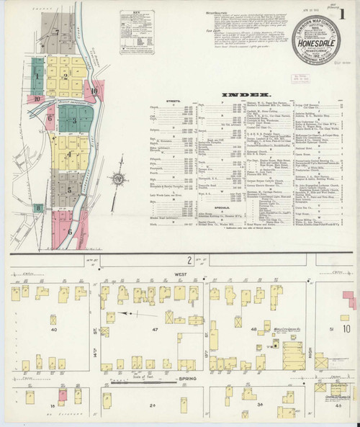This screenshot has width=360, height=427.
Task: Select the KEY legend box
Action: tap(130, 23)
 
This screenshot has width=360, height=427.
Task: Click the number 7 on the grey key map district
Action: tap(55, 32)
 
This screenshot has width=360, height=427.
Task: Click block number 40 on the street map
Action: tap(54, 329)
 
